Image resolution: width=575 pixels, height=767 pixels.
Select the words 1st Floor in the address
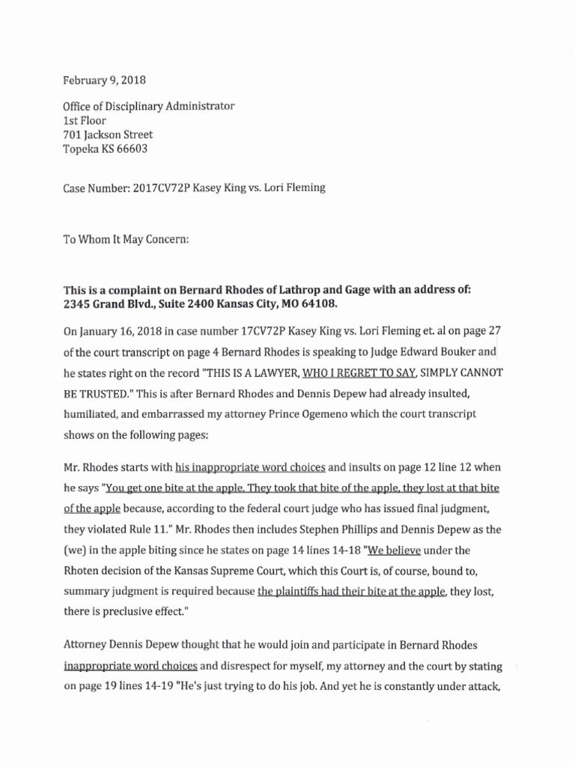84,121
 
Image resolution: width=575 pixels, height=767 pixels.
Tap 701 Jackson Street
108,135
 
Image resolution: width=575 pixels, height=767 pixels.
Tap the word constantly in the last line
420,686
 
